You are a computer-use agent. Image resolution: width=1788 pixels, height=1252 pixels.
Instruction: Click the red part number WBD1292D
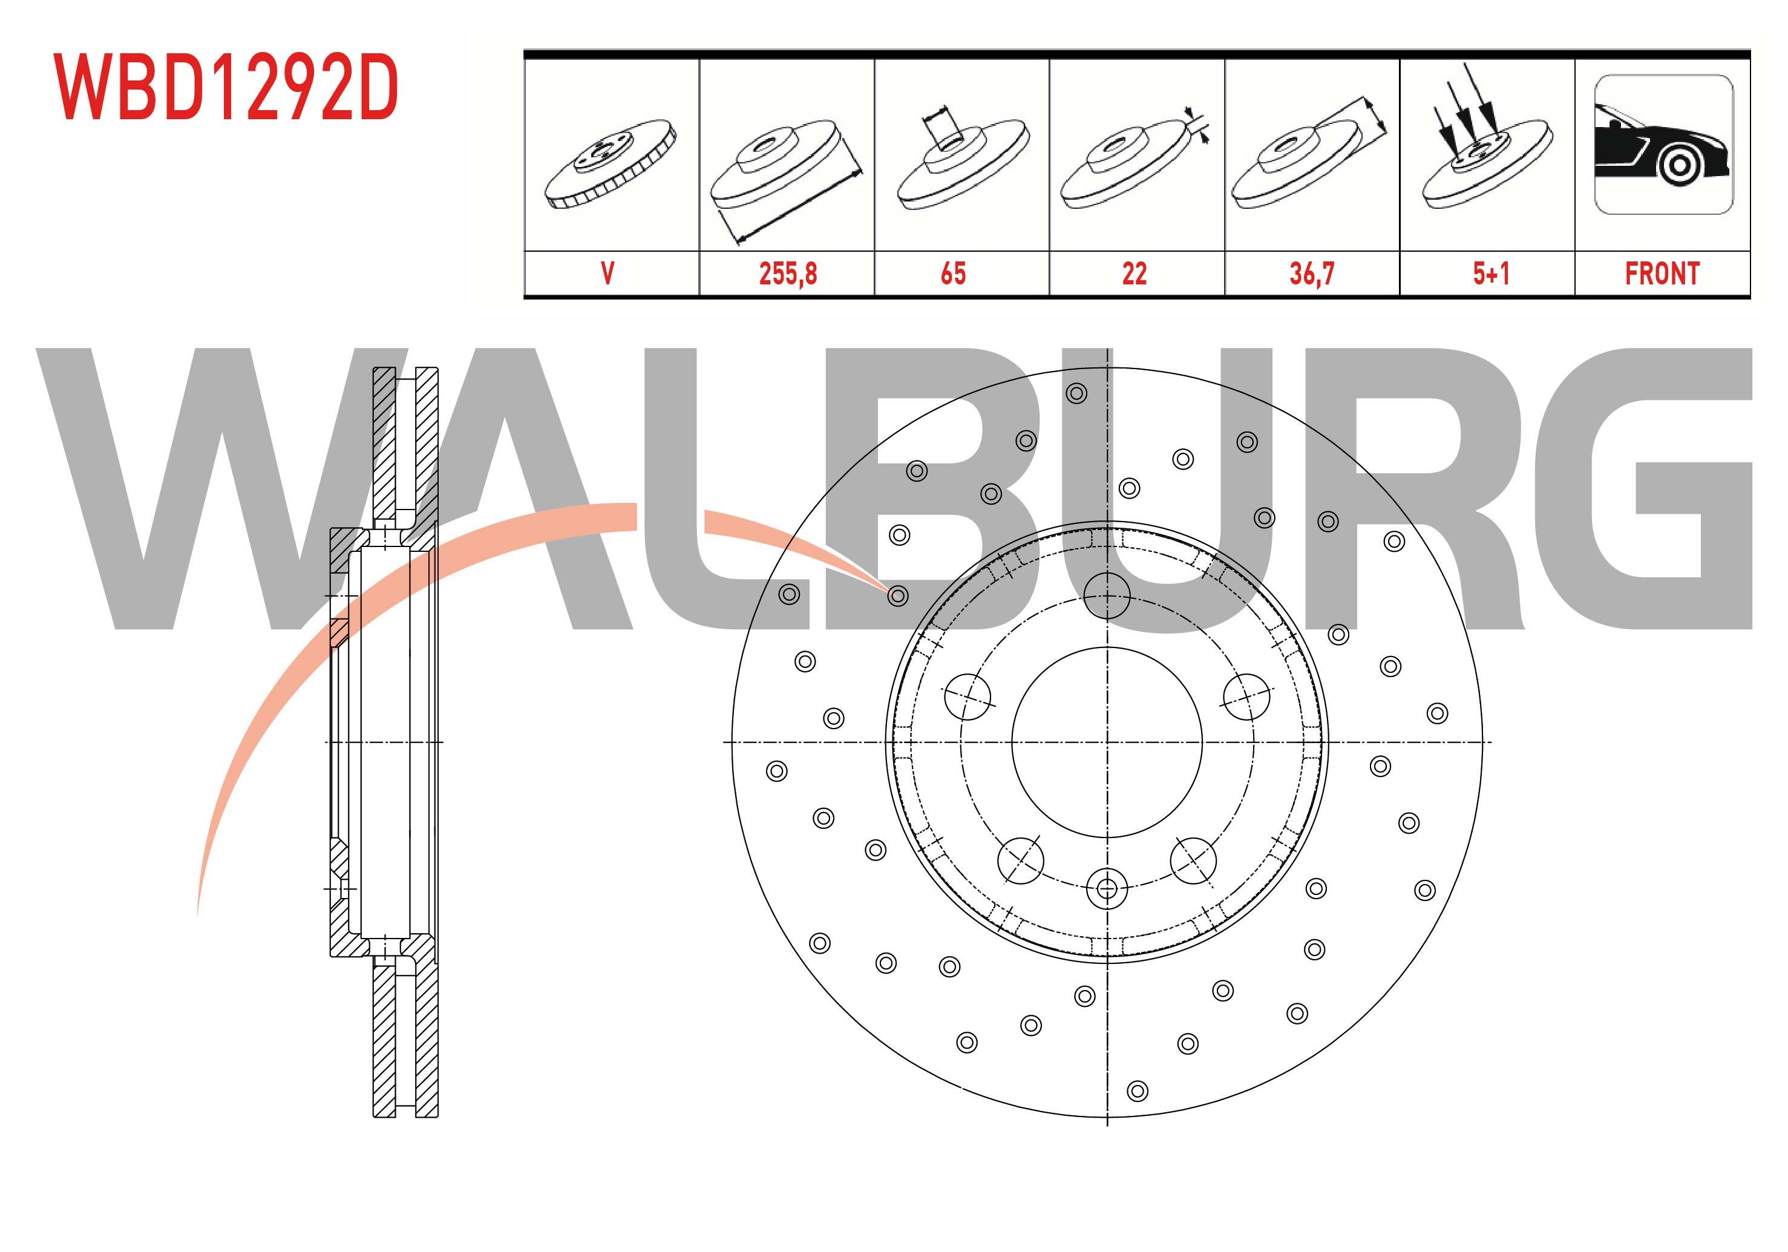click(226, 87)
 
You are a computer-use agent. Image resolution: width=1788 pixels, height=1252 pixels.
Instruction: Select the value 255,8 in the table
click(787, 274)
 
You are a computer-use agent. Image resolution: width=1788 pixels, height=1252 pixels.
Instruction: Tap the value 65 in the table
click(953, 274)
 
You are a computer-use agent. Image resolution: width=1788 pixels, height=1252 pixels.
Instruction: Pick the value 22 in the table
click(1134, 274)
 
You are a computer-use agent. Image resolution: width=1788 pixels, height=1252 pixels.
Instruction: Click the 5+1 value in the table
click(1490, 274)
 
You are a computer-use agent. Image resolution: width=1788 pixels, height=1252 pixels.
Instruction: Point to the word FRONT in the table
click(1662, 274)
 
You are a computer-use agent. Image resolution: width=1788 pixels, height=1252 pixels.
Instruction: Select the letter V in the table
click(607, 274)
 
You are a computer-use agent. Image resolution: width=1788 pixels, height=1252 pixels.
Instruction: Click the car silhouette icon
click(1663, 145)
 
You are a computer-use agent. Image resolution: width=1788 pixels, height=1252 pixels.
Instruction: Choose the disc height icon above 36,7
click(1308, 160)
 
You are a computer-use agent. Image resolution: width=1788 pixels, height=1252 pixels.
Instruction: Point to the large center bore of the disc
click(1107, 742)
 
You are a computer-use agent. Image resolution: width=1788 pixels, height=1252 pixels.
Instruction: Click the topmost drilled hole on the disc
click(1076, 394)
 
